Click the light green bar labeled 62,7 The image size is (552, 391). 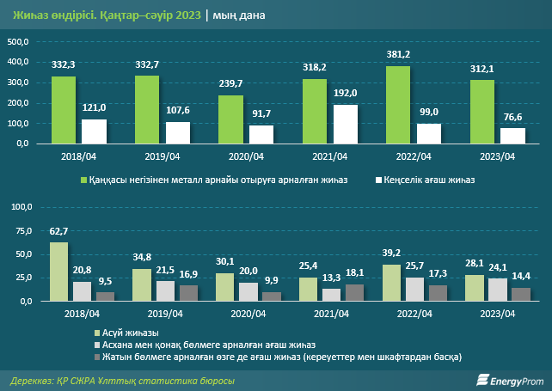tap(58, 271)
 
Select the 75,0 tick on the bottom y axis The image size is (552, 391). tap(20, 231)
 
